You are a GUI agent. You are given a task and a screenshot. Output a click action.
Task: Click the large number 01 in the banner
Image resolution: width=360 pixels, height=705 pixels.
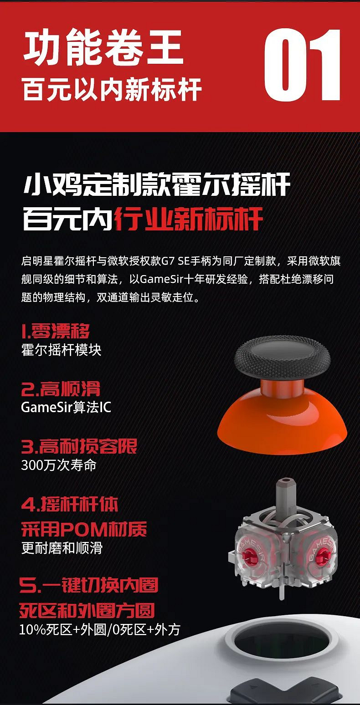pyautogui.click(x=303, y=65)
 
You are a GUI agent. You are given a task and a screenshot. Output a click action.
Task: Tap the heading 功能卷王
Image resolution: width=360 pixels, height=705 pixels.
pyautogui.click(x=103, y=48)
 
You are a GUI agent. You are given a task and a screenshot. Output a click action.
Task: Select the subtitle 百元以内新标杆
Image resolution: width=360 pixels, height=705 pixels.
pyautogui.click(x=112, y=89)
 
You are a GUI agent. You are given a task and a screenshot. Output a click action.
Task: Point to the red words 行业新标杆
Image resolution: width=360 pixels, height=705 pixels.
pyautogui.click(x=188, y=220)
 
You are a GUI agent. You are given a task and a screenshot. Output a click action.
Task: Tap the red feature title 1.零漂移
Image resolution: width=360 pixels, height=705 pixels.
pyautogui.click(x=56, y=331)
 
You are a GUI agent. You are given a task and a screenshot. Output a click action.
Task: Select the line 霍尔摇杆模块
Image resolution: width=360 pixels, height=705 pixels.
pyautogui.click(x=61, y=350)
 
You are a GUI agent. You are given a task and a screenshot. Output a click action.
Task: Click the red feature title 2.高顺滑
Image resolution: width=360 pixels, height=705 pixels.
pyautogui.click(x=61, y=389)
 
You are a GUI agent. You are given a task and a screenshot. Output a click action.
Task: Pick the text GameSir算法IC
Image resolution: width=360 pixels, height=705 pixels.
pyautogui.click(x=66, y=407)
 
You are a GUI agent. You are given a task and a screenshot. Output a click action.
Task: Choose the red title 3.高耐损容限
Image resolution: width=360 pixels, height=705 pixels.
pyautogui.click(x=79, y=446)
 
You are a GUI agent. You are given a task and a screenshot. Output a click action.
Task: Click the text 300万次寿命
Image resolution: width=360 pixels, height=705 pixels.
pyautogui.click(x=59, y=465)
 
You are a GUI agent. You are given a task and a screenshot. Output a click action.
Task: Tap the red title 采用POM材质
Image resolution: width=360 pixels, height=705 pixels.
pyautogui.click(x=84, y=529)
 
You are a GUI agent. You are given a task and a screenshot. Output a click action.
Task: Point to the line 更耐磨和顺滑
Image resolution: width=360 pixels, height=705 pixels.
pyautogui.click(x=62, y=548)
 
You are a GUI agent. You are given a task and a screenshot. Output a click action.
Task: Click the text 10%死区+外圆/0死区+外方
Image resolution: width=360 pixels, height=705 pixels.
pyautogui.click(x=100, y=629)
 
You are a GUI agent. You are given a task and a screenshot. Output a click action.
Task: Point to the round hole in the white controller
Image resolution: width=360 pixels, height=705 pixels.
pyautogui.click(x=282, y=644)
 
